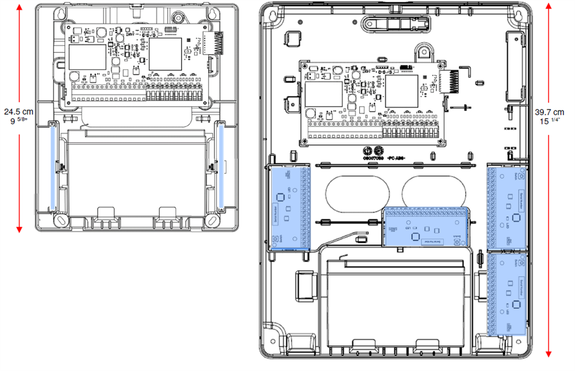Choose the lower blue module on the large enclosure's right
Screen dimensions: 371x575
click(x=507, y=294)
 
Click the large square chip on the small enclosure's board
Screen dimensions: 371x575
click(x=166, y=55)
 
